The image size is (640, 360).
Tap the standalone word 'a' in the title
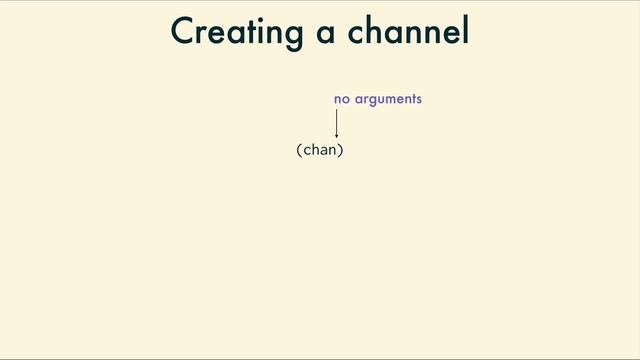click(325, 33)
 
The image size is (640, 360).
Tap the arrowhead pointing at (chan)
click(337, 135)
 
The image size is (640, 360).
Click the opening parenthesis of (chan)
click(299, 150)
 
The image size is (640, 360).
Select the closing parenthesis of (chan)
click(341, 150)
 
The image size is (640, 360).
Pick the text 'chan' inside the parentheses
click(320, 150)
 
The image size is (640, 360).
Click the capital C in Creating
click(183, 31)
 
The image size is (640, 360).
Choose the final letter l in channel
click(465, 30)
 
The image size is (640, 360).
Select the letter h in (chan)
click(315, 150)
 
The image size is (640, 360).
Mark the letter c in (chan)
click(306, 151)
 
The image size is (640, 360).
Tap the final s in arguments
click(418, 100)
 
